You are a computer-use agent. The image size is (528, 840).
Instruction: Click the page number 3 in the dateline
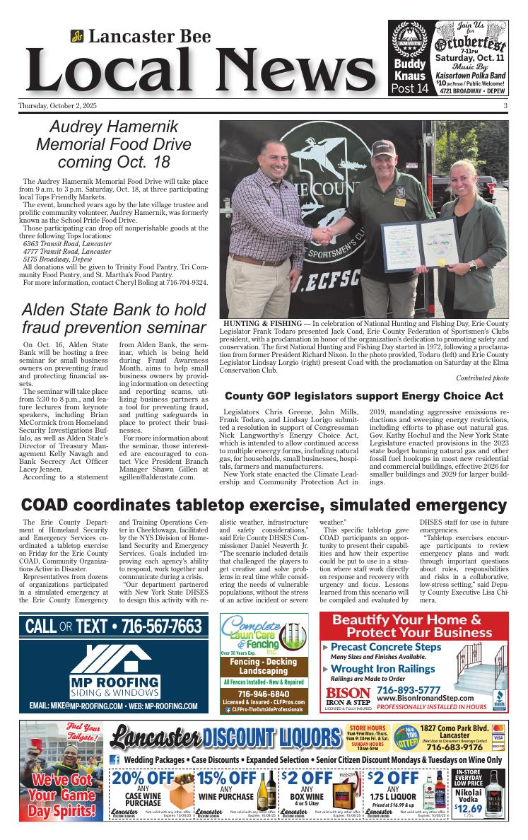506,106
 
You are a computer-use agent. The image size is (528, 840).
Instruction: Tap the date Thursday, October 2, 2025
58,106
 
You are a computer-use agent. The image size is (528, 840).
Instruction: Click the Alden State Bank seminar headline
114,319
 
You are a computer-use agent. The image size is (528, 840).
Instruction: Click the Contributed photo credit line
482,378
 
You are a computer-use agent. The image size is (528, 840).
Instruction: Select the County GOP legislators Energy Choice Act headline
364,396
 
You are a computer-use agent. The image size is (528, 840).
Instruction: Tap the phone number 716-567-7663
162,626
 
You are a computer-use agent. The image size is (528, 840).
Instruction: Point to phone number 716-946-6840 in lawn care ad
264,693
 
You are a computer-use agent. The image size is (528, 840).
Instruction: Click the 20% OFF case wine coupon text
143,778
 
